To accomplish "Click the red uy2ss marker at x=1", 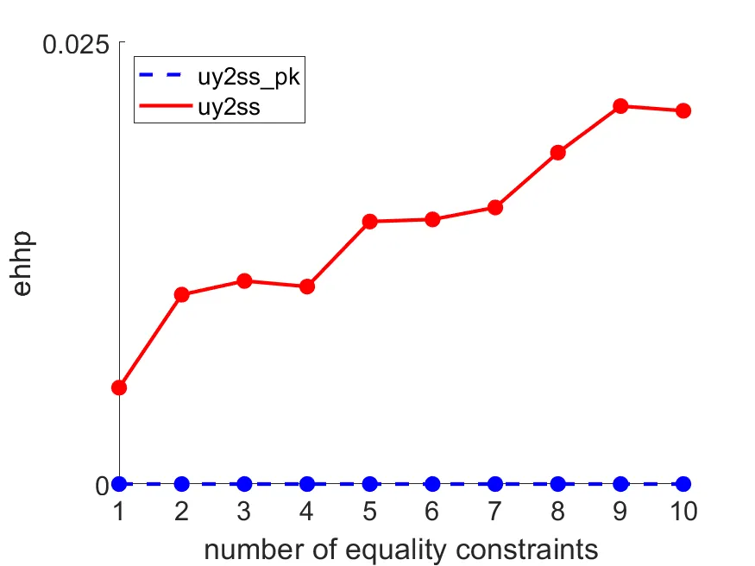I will (x=119, y=387).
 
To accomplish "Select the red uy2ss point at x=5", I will (x=369, y=222).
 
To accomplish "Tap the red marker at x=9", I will (x=620, y=106).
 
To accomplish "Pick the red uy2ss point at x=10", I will (x=683, y=110).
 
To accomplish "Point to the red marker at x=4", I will (x=307, y=286).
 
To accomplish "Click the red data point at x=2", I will (x=182, y=294).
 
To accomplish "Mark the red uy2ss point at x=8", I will (x=557, y=153).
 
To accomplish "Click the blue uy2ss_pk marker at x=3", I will (x=244, y=484).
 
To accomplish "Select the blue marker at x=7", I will (x=495, y=484).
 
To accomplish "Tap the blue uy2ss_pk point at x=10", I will (x=683, y=484).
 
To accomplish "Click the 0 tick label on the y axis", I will (x=102, y=486).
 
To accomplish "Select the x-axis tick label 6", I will (x=432, y=512).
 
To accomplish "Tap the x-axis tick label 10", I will (x=683, y=512).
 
